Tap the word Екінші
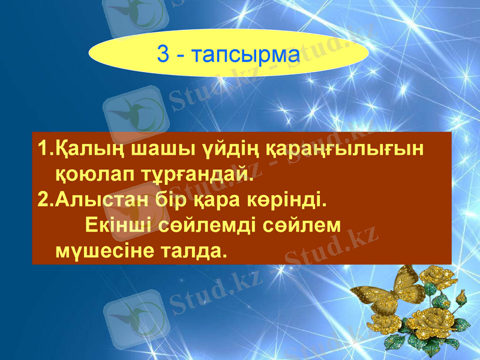click(x=118, y=224)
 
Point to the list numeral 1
click(x=41, y=149)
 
